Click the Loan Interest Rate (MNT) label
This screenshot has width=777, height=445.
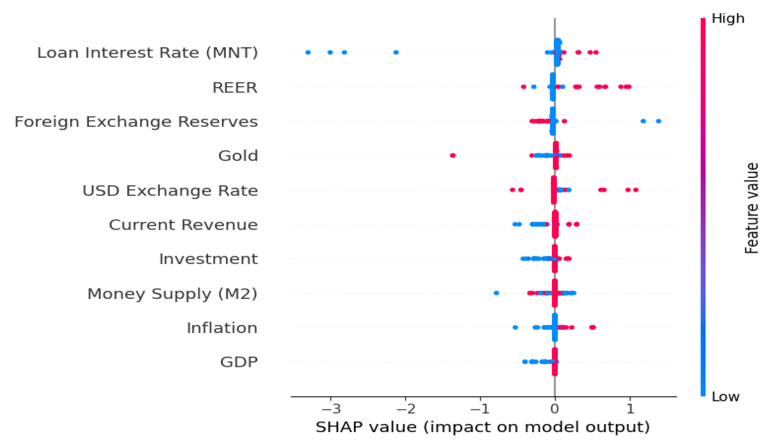click(x=147, y=53)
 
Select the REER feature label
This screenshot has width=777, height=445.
click(x=235, y=88)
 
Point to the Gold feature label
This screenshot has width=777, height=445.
click(x=238, y=156)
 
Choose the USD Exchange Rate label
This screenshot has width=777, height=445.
click(x=170, y=191)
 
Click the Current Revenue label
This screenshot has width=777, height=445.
click(x=183, y=225)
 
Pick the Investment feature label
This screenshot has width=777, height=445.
click(x=208, y=259)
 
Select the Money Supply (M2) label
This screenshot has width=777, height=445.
click(x=172, y=294)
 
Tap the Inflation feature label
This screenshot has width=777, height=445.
click(x=222, y=328)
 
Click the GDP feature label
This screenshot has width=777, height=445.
click(x=239, y=362)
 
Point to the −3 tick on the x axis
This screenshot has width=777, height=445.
click(x=331, y=409)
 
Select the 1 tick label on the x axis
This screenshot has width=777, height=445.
click(x=630, y=409)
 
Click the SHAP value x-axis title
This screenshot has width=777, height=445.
click(x=483, y=427)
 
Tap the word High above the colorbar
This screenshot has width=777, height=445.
click(x=728, y=19)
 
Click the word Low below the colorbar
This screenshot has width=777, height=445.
click(x=725, y=397)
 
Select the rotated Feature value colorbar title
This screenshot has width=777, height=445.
click(x=751, y=208)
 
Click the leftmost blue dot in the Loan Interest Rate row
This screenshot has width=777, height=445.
click(x=308, y=52)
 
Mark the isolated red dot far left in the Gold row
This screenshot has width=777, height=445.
click(x=453, y=156)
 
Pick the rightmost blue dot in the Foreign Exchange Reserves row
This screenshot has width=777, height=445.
click(x=658, y=121)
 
